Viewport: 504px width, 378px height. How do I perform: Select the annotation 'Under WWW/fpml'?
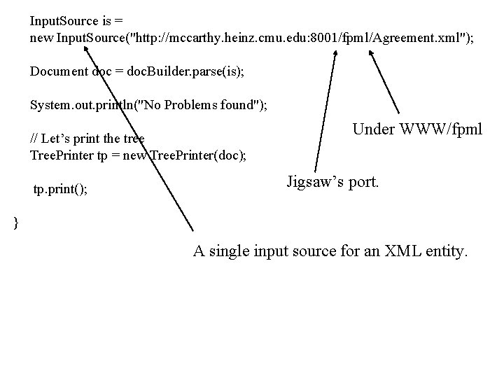tap(418, 129)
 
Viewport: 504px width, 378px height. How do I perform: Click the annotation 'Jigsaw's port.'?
tap(333, 183)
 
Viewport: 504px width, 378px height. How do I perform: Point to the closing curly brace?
tap(16, 223)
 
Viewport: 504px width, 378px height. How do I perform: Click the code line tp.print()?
tap(61, 190)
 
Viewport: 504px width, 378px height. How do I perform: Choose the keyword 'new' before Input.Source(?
tap(41, 37)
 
